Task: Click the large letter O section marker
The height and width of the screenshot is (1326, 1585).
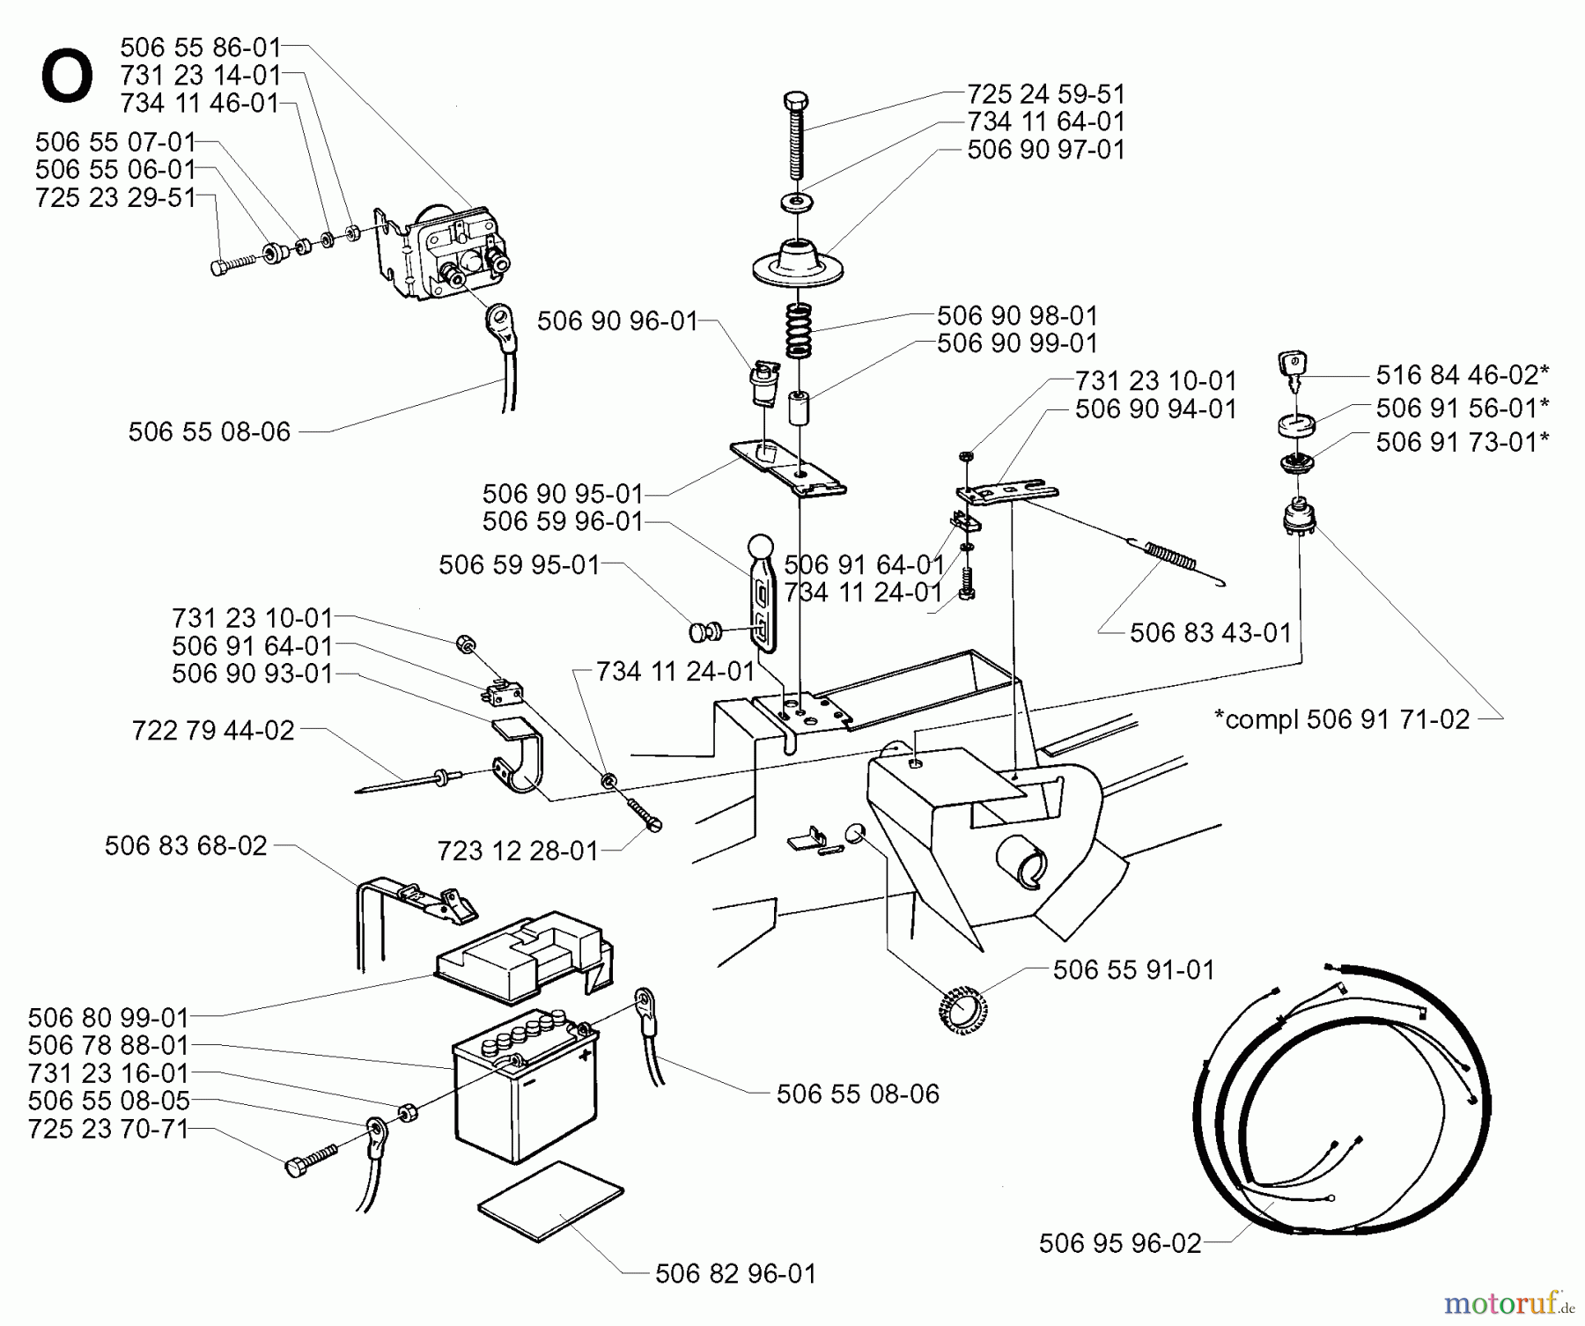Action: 67,77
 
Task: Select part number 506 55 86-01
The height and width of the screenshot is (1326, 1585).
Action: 201,47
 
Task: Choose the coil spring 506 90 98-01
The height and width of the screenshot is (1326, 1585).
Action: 798,330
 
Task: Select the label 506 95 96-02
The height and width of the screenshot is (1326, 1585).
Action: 1120,1243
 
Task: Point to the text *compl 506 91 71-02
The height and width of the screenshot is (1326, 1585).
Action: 1342,719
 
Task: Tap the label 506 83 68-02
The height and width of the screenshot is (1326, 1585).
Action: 186,846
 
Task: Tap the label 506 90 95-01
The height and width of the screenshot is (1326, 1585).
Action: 563,493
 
